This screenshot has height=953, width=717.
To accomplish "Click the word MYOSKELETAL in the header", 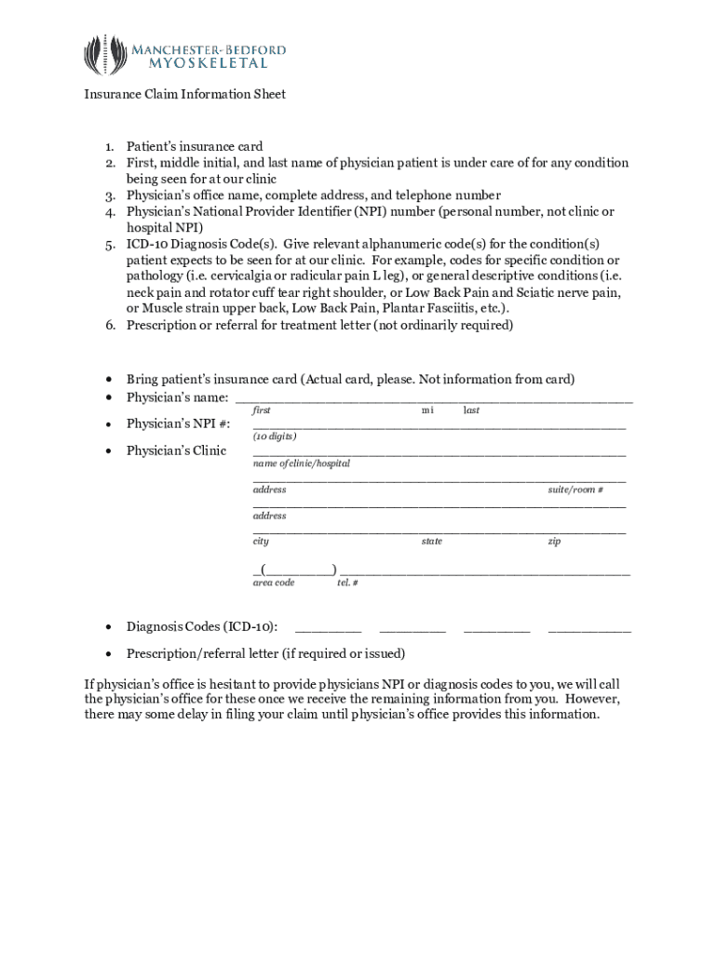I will click(x=209, y=63).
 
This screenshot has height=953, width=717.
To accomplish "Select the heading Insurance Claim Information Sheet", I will click(x=184, y=94).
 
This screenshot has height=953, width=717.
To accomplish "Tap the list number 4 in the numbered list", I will click(x=109, y=211).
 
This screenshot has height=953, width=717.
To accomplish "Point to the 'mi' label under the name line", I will click(x=427, y=410).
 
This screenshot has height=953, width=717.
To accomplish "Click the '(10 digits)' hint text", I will click(x=275, y=436).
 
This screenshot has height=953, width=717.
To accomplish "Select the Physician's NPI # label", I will click(x=179, y=424).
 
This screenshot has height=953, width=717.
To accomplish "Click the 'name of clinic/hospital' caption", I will click(x=302, y=463).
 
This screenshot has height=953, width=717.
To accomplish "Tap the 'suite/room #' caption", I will click(x=575, y=490).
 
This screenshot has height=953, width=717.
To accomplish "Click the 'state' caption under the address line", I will click(x=431, y=542).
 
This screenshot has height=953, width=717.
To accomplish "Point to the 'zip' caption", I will click(x=554, y=542).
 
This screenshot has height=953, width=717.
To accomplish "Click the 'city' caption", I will click(x=261, y=542).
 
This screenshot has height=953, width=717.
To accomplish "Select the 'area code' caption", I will click(x=274, y=583).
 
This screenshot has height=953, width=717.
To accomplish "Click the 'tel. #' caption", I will click(x=347, y=583).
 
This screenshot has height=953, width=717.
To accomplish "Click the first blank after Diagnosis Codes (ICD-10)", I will click(x=328, y=630).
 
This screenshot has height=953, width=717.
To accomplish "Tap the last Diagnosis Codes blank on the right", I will click(x=589, y=630).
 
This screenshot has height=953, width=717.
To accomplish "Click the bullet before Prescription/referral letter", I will click(x=110, y=653).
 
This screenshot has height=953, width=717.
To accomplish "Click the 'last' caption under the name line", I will click(x=471, y=410).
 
